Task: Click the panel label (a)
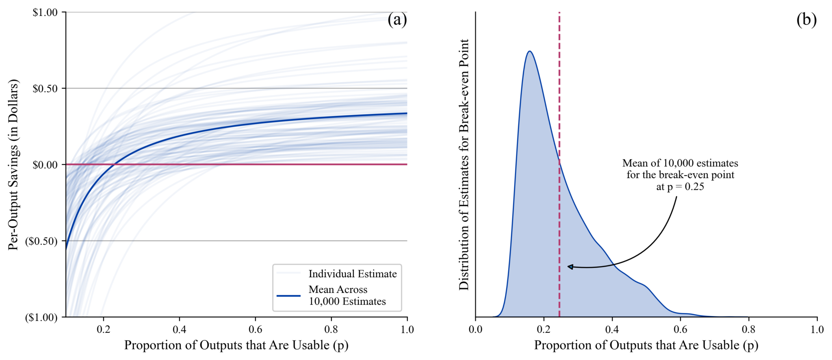coord(396,20)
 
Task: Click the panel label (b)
coord(806,20)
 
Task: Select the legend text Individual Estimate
coord(352,274)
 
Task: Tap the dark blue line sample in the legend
coord(288,296)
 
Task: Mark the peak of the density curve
coord(530,51)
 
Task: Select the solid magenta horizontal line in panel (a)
coord(284,165)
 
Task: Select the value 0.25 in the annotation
coord(694,187)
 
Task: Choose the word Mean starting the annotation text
coord(635,163)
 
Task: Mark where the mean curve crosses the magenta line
coord(115,165)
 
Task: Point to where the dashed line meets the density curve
coord(559,161)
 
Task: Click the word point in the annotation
coord(723,175)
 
